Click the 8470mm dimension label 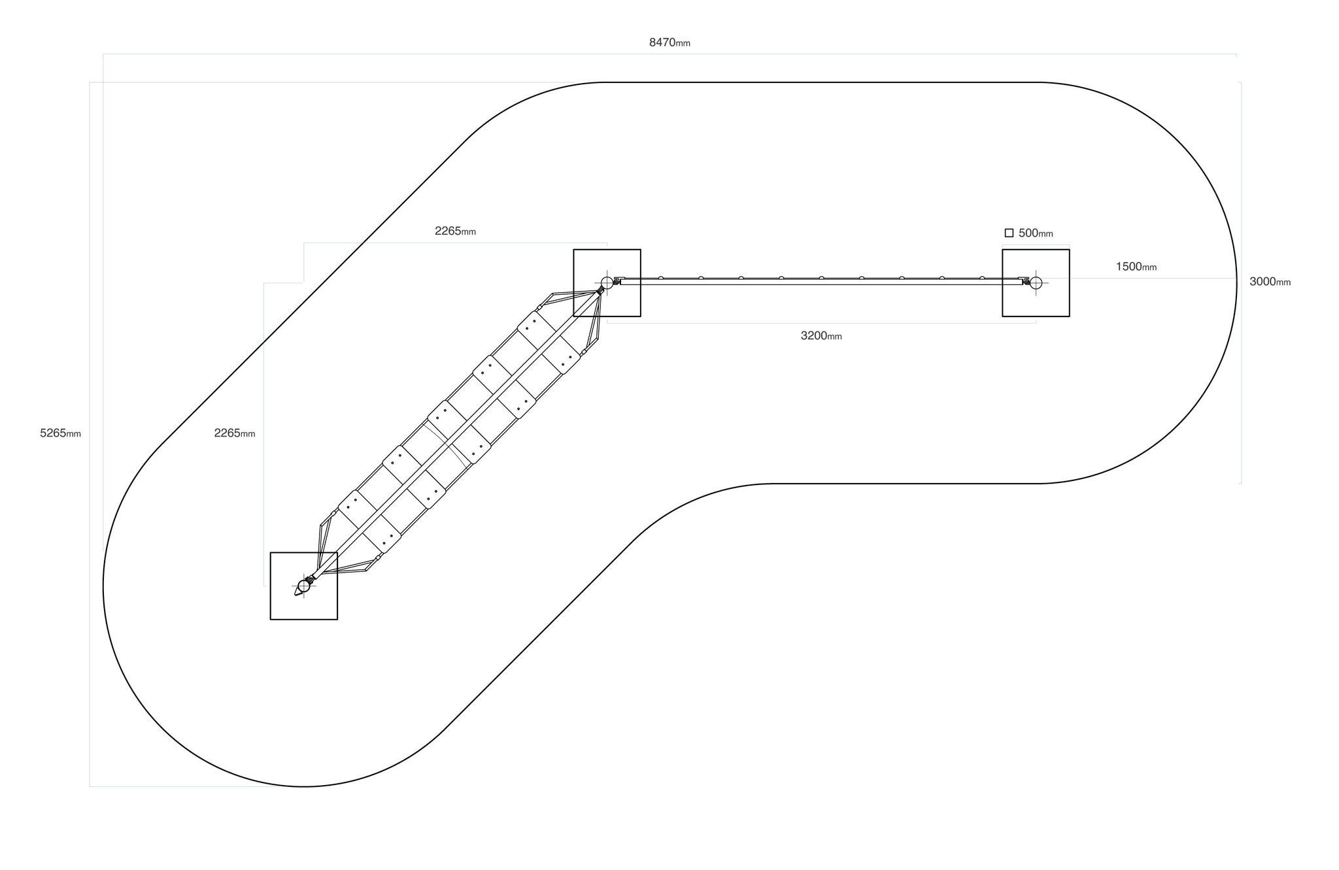click(x=669, y=43)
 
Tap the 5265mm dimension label click(x=60, y=433)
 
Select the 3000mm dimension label click(x=1270, y=282)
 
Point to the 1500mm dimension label click(x=1136, y=267)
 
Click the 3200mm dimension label click(x=821, y=336)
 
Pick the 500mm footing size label click(x=1036, y=233)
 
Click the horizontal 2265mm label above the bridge click(x=455, y=231)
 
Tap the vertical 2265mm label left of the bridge click(x=235, y=433)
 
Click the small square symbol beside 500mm click(x=1009, y=233)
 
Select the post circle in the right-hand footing click(x=1036, y=282)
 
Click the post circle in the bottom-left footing click(x=303, y=586)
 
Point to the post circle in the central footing click(x=607, y=282)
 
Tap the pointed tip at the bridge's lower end click(x=295, y=595)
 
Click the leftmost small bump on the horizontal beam click(x=660, y=278)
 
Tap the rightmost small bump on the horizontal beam click(x=982, y=278)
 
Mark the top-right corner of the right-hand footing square click(x=1070, y=249)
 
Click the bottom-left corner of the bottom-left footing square click(x=270, y=620)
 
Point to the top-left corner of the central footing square click(x=573, y=249)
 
